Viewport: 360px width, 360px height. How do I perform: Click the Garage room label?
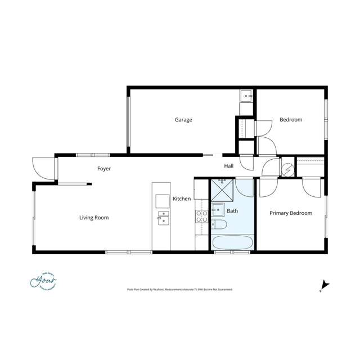(183, 120)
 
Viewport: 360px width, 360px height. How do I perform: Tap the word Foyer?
(104, 169)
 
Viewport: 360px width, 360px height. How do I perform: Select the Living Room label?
(93, 218)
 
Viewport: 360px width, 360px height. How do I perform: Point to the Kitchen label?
(182, 199)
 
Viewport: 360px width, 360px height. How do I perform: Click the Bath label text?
(232, 211)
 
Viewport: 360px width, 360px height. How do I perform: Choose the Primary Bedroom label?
(290, 213)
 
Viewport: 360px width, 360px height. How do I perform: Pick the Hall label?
(229, 166)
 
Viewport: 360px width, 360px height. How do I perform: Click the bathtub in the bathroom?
(232, 243)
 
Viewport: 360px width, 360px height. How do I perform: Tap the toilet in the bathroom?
(219, 226)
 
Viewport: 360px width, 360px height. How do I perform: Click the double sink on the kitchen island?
(163, 217)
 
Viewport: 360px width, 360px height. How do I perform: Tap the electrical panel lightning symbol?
(287, 168)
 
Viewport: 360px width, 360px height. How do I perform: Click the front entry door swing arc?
(43, 169)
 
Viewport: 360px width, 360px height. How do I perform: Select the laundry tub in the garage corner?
(247, 96)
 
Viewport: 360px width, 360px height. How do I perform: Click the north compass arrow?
(325, 285)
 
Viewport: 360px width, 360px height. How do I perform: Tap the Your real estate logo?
(44, 280)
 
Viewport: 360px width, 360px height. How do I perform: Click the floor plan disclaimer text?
(179, 290)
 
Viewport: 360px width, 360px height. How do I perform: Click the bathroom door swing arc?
(245, 187)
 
